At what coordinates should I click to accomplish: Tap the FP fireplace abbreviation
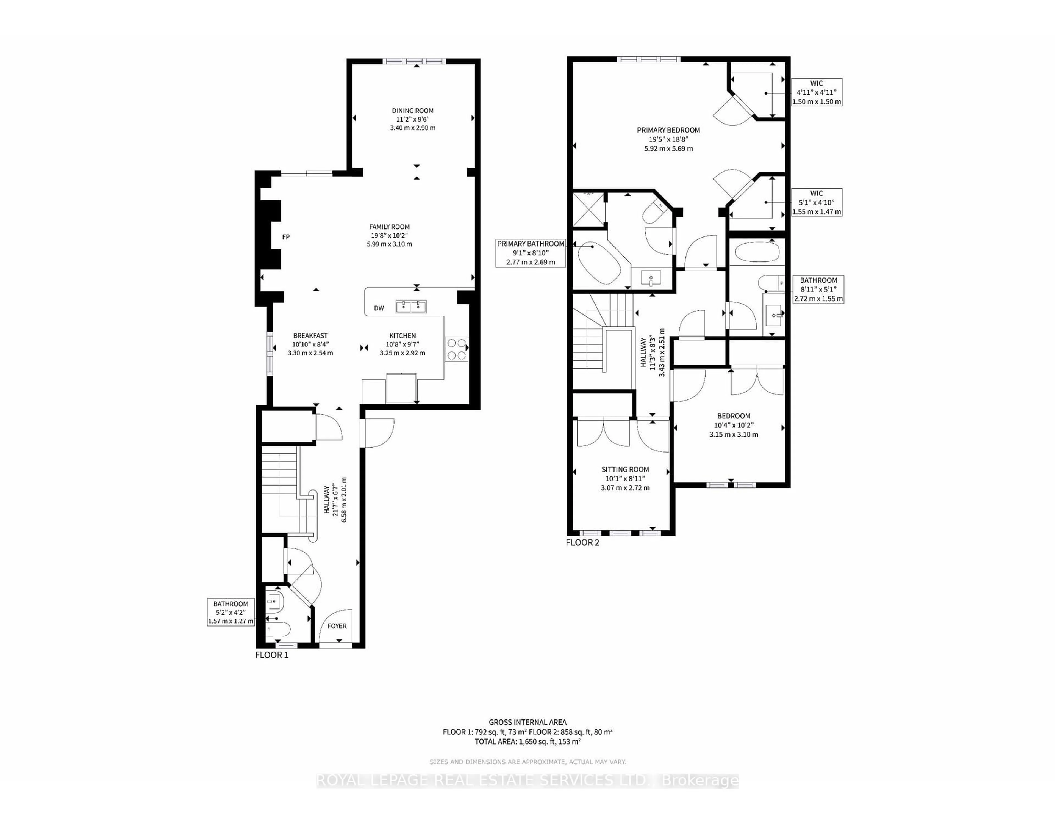pyautogui.click(x=286, y=237)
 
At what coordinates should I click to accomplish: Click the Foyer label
pyautogui.click(x=337, y=625)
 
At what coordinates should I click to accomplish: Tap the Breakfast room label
pyautogui.click(x=311, y=335)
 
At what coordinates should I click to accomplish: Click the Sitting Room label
pyautogui.click(x=625, y=469)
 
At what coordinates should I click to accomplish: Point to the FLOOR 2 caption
pyautogui.click(x=582, y=542)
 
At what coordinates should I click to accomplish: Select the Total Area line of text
pyautogui.click(x=527, y=741)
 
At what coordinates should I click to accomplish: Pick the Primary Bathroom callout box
pyautogui.click(x=531, y=253)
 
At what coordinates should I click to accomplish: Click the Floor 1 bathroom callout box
pyautogui.click(x=231, y=612)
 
